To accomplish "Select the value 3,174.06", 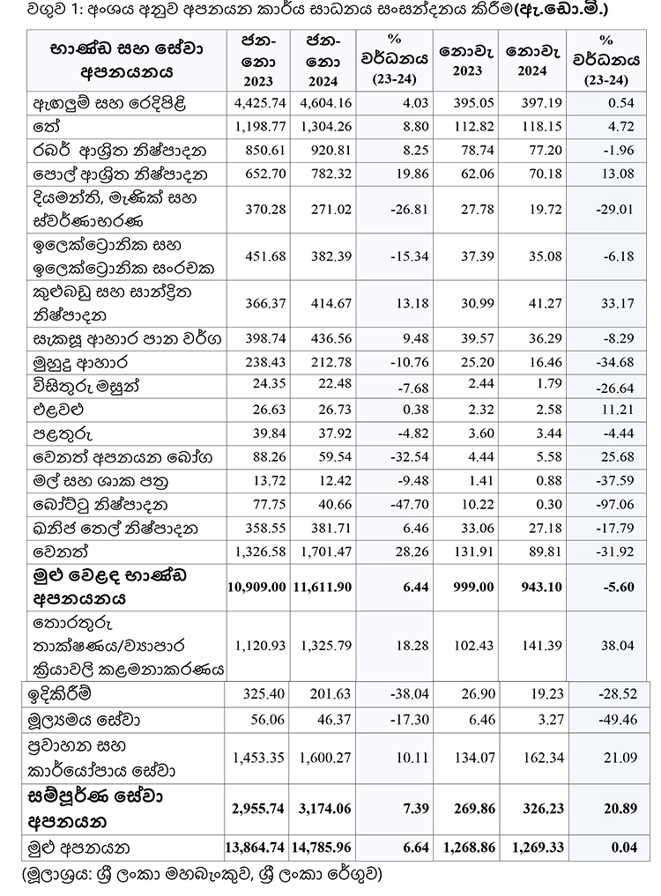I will coord(326,808).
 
